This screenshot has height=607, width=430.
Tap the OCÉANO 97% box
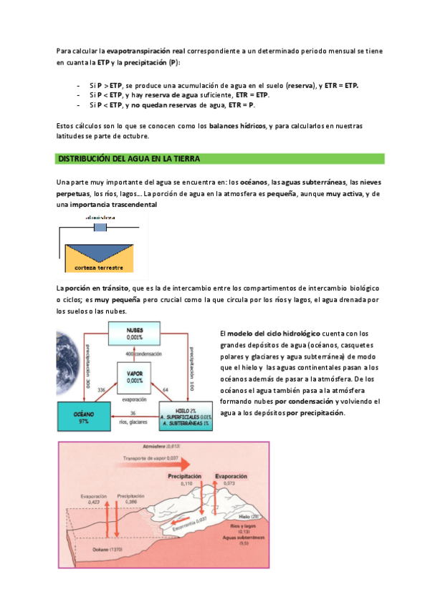coord(84,418)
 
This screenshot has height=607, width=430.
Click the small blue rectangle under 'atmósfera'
coord(100,227)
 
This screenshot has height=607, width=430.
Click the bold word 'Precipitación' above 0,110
coord(188,475)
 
